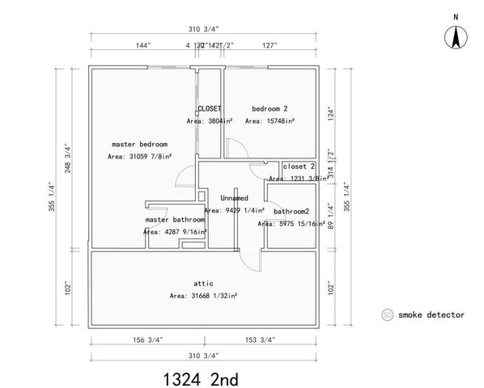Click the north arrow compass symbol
point(456,36)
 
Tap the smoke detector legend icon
point(387,314)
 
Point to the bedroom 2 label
point(270,108)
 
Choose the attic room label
point(203,283)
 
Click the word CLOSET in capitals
point(210,108)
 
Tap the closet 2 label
point(298,166)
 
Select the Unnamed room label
point(234,197)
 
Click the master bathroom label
point(174,219)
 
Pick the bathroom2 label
point(291,212)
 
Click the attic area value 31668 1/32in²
point(203,296)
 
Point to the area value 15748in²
point(270,120)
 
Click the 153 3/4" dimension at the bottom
point(261,339)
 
